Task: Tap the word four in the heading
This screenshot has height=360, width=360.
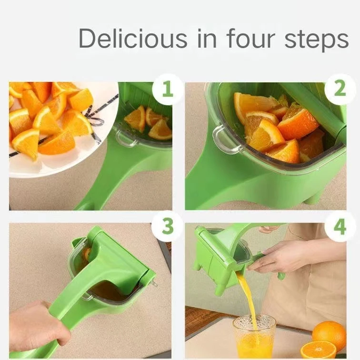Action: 246,39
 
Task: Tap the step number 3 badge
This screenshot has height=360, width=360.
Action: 167,227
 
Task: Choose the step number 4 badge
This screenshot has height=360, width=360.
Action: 340,227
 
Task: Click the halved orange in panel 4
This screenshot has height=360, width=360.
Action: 318,350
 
